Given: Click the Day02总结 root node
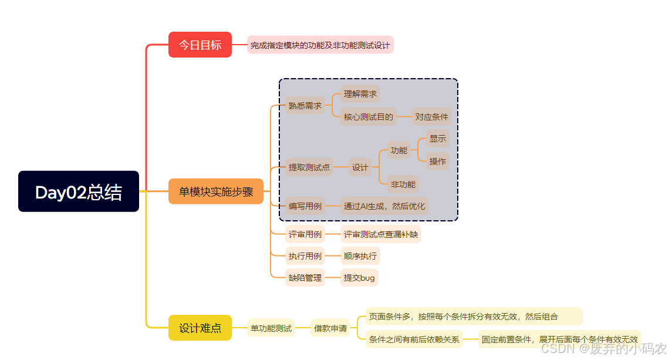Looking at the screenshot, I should tap(79, 191).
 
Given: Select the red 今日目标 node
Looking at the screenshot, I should tap(200, 45).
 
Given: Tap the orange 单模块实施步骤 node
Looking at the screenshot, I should tap(216, 191).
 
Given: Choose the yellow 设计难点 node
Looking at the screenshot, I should tap(200, 328).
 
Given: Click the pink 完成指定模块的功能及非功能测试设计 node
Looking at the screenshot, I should tap(320, 45).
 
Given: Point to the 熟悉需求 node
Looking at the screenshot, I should tap(305, 106).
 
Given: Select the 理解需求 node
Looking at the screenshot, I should tap(360, 93).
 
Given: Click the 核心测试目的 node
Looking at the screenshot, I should tap(368, 117).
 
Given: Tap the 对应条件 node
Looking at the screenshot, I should tap(431, 117).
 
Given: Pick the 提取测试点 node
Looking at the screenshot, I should tap(309, 167).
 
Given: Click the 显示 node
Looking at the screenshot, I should tap(438, 139).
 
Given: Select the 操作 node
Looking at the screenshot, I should tap(438, 162).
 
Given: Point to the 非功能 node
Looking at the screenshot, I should tap(403, 184).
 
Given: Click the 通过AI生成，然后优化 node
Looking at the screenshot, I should tap(384, 206).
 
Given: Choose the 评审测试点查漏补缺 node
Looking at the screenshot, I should tap(380, 234).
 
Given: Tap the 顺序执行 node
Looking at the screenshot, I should tap(360, 256).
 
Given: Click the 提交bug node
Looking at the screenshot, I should tap(359, 278).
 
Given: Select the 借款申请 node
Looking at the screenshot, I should tap(330, 328).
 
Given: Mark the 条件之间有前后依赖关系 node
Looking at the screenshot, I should tap(414, 339).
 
